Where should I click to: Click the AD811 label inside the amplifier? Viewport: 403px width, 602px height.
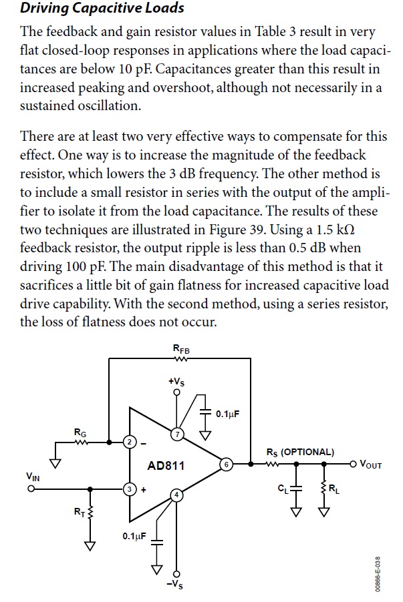166,465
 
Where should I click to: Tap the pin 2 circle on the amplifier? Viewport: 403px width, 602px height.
130,441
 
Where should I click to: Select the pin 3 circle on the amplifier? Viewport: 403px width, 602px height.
130,489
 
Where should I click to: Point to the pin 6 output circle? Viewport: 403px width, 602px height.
226,464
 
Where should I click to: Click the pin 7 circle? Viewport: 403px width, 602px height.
177,433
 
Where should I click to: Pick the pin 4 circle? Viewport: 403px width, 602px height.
177,495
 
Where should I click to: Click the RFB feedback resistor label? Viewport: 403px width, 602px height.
180,348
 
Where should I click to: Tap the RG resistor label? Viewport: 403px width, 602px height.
80,432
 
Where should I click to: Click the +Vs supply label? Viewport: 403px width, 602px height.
176,381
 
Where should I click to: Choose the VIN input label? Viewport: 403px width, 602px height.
31,477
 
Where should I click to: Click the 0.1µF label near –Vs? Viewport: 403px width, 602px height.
133,535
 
